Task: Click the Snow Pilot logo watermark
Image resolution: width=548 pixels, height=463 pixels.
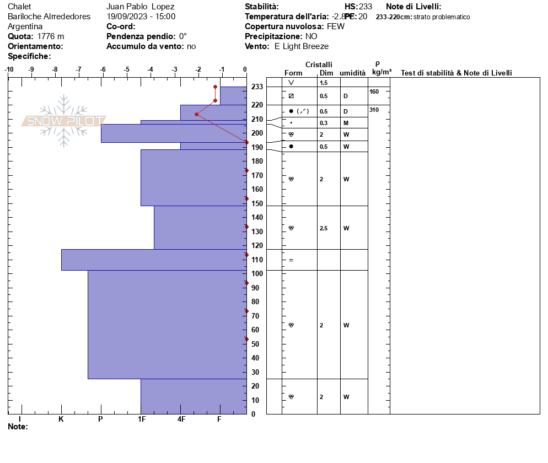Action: click(64, 121)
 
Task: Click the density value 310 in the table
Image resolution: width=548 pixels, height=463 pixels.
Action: click(374, 110)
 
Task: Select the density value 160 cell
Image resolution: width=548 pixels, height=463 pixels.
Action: click(374, 91)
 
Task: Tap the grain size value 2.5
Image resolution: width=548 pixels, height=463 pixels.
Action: click(324, 228)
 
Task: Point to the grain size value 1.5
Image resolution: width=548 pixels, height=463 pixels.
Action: click(324, 83)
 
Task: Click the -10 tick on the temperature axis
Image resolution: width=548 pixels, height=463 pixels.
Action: click(9, 69)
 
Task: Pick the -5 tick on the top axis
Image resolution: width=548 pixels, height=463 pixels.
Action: click(127, 69)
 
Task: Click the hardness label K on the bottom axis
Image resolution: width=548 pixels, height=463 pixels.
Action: click(61, 419)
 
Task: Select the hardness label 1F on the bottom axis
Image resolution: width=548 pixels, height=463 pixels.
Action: click(142, 419)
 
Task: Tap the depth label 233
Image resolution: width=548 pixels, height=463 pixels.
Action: click(257, 87)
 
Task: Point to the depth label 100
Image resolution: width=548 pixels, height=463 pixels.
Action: click(257, 273)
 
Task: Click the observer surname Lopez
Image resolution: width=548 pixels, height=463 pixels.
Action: click(163, 7)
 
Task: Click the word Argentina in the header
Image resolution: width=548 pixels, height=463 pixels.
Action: click(25, 26)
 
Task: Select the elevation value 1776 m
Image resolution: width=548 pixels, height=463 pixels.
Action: click(51, 36)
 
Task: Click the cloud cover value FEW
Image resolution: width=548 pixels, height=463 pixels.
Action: click(336, 26)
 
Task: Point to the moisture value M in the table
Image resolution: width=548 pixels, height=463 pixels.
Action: click(346, 123)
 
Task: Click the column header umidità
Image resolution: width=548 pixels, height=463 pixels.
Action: click(353, 73)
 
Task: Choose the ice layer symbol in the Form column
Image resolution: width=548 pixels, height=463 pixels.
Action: click(291, 260)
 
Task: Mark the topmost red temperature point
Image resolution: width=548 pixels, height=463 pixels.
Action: click(215, 87)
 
